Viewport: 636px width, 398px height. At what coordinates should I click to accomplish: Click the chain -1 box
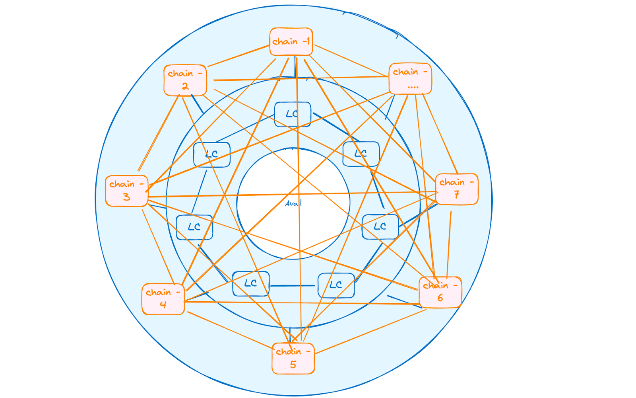(x=291, y=41)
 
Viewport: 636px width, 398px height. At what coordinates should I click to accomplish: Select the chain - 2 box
(x=185, y=80)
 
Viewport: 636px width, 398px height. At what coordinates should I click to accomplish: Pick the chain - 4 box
(x=163, y=299)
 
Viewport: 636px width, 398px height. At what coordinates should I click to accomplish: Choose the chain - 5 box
(x=293, y=358)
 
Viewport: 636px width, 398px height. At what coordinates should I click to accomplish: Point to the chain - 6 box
(x=440, y=292)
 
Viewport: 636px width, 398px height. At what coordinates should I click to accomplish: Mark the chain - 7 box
(x=457, y=189)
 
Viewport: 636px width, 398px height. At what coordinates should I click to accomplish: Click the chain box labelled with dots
(x=410, y=78)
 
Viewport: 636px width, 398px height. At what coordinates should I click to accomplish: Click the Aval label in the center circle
(x=293, y=203)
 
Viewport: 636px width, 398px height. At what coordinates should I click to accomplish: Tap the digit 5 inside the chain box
(x=293, y=365)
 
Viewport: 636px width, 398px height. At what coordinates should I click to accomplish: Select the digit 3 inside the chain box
(x=126, y=197)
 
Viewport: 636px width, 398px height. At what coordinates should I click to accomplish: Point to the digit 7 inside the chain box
(x=457, y=195)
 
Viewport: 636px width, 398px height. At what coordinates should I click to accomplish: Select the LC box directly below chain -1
(x=293, y=114)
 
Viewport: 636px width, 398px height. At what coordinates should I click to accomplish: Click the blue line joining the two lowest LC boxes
(x=293, y=285)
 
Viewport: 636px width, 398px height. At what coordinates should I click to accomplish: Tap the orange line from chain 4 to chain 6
(x=302, y=303)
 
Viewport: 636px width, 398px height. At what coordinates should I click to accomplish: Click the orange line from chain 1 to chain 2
(x=238, y=55)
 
